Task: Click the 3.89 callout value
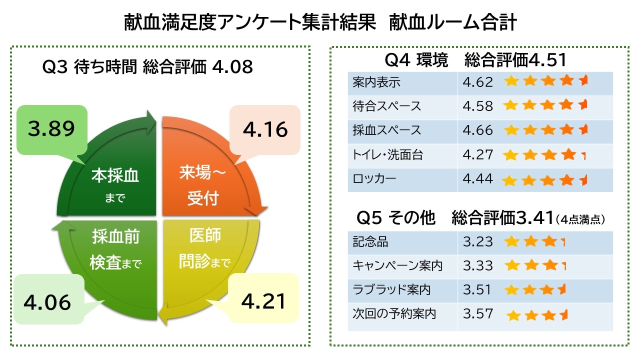51,129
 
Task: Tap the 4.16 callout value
265,129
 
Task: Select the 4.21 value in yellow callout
263,301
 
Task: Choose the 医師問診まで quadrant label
205,248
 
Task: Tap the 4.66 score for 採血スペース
477,130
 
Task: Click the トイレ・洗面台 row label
387,155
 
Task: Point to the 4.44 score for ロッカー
477,179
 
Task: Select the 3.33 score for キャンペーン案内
477,266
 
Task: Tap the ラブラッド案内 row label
391,290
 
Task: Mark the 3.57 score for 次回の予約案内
477,314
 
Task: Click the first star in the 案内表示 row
511,81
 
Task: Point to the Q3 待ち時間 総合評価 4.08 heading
148,67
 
